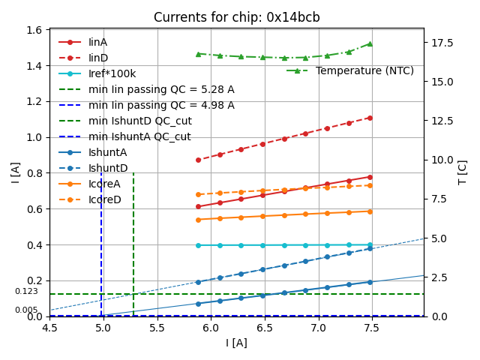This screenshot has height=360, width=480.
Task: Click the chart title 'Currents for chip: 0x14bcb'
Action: pos(236,17)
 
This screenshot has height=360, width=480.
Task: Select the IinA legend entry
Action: pos(98,42)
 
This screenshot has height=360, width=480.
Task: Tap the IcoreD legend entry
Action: pos(104,199)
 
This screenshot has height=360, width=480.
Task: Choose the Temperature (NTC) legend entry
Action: pos(364,70)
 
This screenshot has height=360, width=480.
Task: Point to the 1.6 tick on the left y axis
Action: pos(34,30)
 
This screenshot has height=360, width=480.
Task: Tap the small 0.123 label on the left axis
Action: pos(26,291)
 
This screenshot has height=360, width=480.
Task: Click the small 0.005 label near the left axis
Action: pos(26,310)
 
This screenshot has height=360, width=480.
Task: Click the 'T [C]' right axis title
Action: pos(462,172)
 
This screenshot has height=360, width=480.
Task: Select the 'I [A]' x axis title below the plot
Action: pos(236,343)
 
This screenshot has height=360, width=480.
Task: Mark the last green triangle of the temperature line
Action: pos(370,43)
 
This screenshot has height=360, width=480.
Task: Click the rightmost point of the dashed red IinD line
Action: pos(370,118)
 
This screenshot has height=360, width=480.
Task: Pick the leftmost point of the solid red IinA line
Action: pos(198,206)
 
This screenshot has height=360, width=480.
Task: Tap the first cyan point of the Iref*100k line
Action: pos(198,245)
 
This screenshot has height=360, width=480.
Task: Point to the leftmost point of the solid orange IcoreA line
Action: pos(198,220)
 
